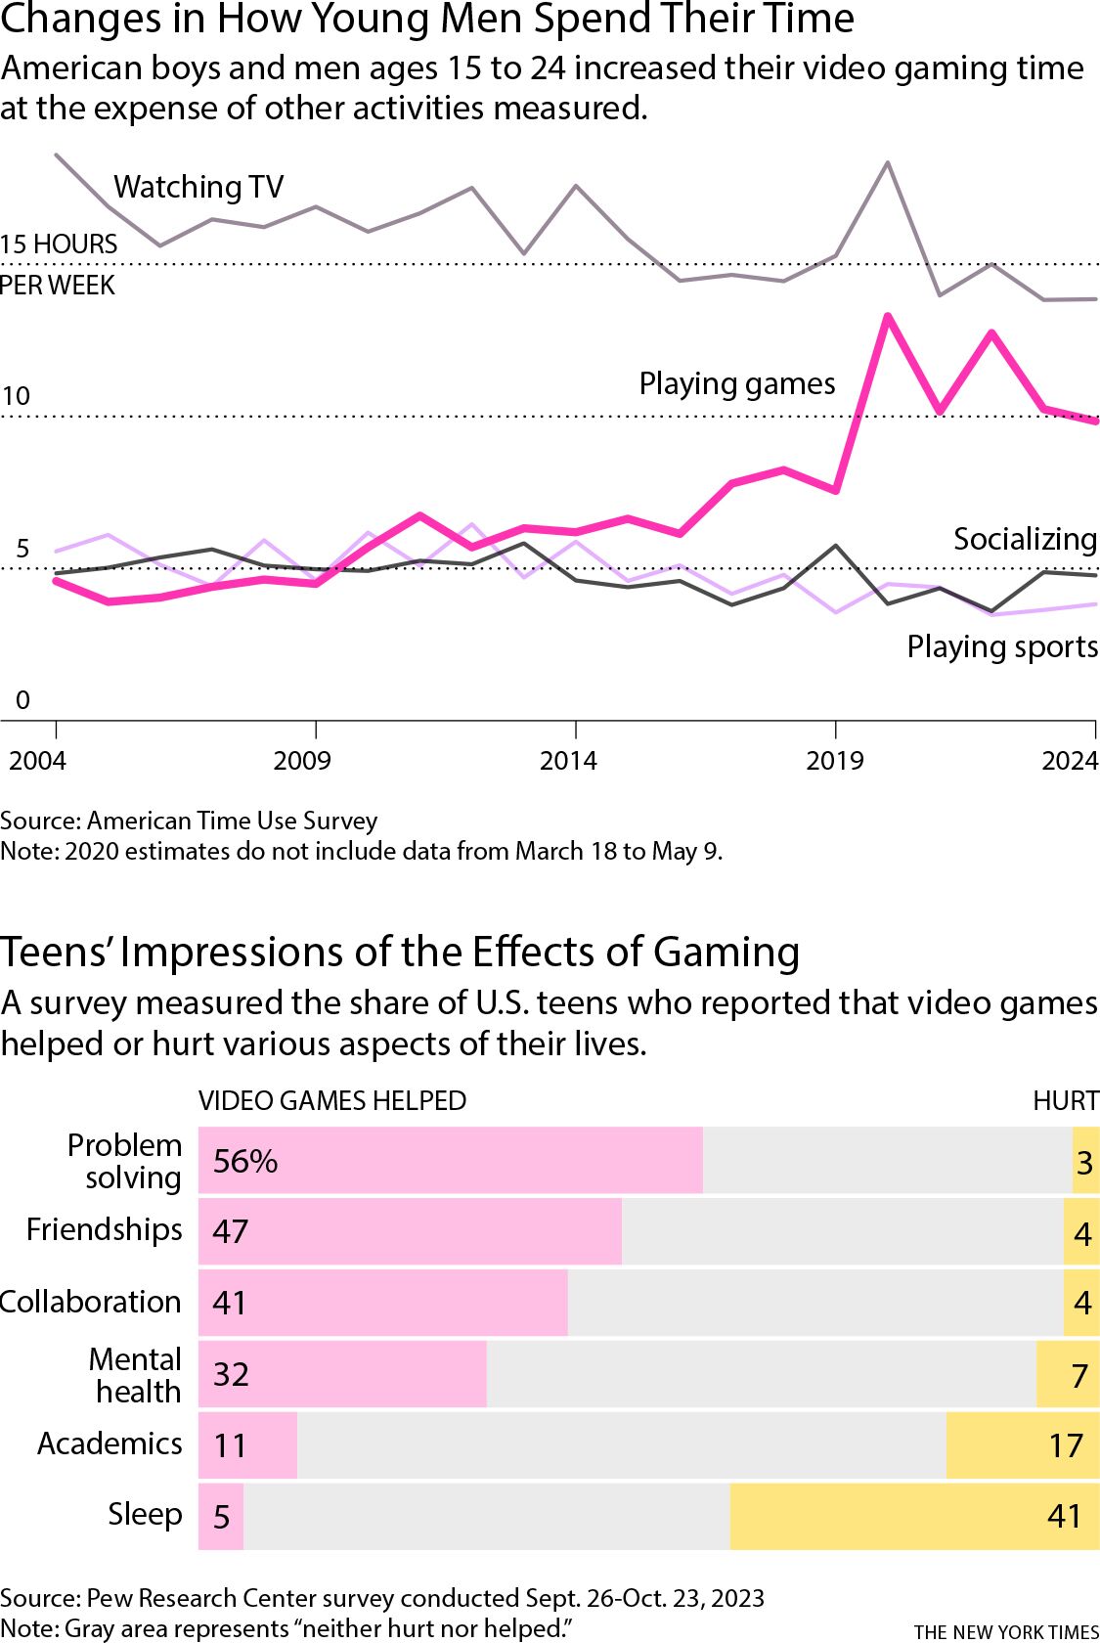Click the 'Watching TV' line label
[198, 186]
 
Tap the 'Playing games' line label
[736, 383]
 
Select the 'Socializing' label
[1025, 539]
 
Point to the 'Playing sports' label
[1002, 646]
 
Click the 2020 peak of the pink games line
[887, 316]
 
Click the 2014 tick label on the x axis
[568, 761]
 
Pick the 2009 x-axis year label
[302, 761]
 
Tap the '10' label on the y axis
[16, 396]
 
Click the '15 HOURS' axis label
[59, 244]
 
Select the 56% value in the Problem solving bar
[245, 1161]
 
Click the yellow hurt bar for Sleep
[913, 1516]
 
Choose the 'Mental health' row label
[136, 1375]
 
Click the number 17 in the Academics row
[1066, 1445]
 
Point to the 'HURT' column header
[1066, 1101]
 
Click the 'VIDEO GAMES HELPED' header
[332, 1101]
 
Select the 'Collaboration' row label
[91, 1302]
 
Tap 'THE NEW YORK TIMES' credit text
[1006, 1631]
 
